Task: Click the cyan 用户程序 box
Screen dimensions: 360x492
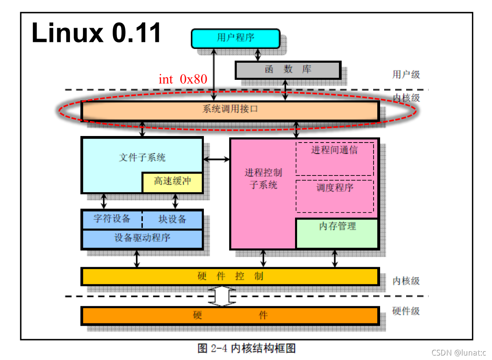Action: coord(235,38)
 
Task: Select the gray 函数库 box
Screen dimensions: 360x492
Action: coord(288,70)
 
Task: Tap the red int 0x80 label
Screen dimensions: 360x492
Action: coord(183,79)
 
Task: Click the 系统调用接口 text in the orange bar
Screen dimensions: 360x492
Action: coord(230,109)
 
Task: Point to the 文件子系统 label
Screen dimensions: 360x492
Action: coord(142,158)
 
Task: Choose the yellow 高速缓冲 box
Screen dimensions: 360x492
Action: coord(172,182)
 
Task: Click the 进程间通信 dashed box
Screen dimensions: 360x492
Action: coord(334,158)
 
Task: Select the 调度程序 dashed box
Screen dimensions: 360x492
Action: coord(335,196)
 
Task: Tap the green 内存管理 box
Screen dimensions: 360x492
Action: coord(337,233)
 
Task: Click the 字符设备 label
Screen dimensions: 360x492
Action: coord(112,219)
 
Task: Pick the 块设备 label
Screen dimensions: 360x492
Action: coord(172,220)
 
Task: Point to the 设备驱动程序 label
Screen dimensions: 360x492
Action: coord(142,238)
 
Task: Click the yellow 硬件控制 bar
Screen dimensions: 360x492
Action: coord(230,277)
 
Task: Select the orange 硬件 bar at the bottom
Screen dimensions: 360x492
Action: coord(230,316)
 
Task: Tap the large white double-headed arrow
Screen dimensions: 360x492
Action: coord(222,296)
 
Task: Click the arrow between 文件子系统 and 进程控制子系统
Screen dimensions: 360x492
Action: coord(216,159)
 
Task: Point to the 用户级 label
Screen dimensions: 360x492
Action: coord(406,75)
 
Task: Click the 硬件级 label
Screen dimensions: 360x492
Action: coord(406,311)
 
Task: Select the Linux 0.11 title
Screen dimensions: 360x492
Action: coord(96,33)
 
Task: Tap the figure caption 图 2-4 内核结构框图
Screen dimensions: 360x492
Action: coord(246,349)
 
